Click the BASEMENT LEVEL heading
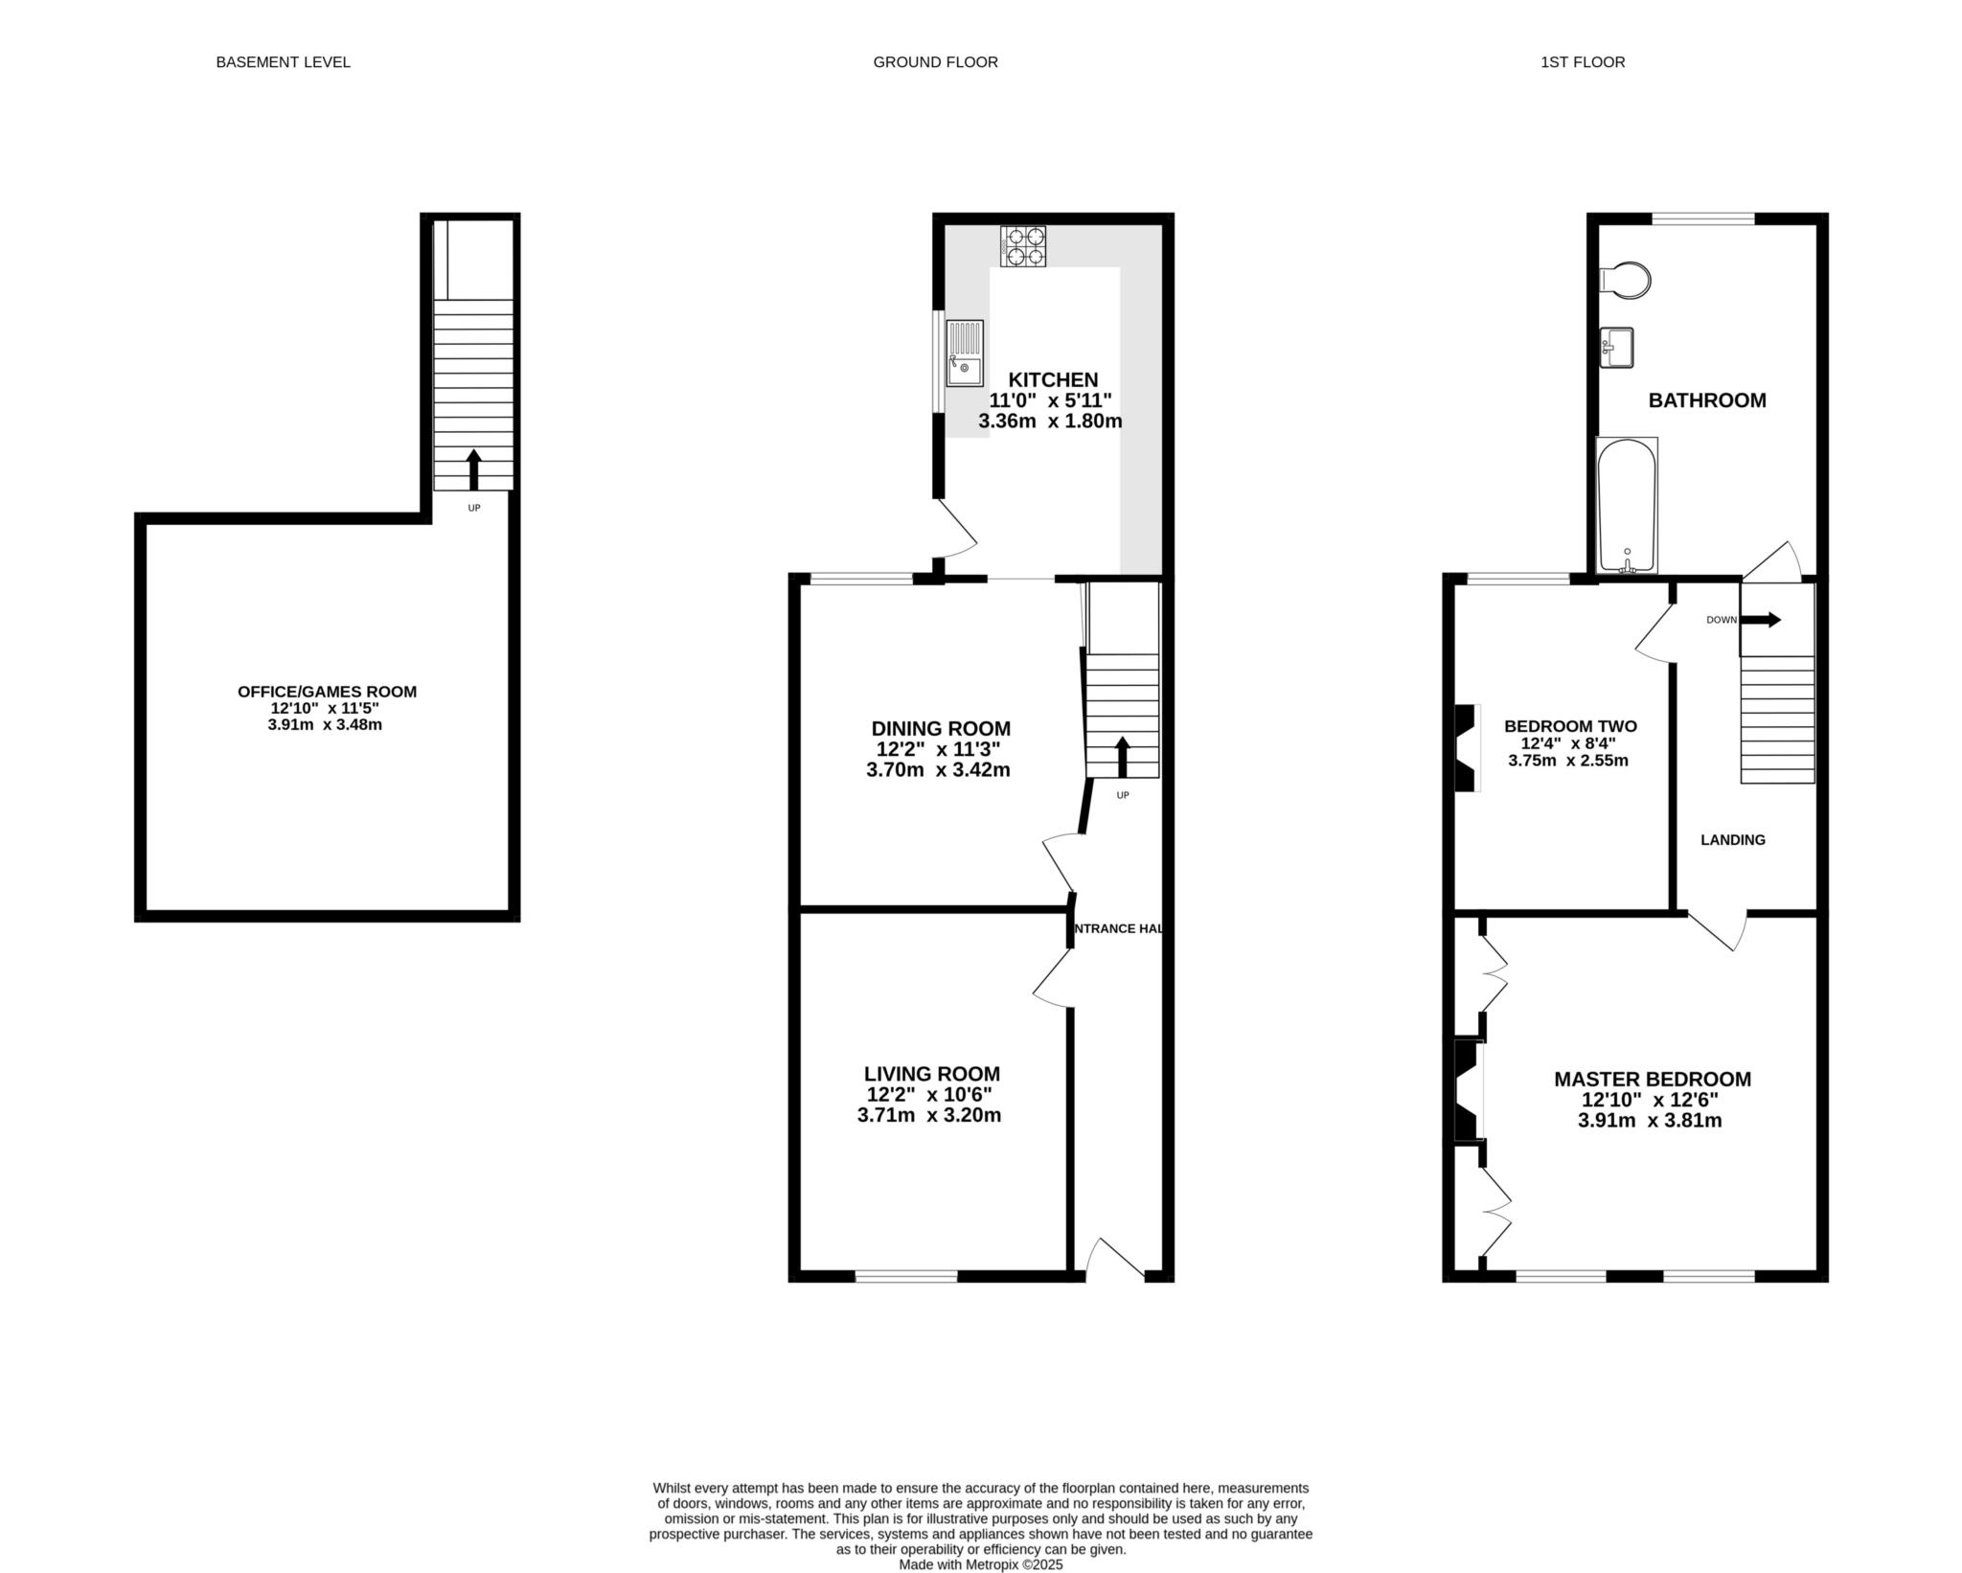(283, 62)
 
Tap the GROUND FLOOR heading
(935, 62)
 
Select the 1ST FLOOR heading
(1583, 62)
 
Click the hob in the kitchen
(1023, 246)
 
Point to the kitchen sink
(965, 353)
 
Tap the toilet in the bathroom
(1626, 281)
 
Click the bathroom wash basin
(1616, 347)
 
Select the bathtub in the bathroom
(1627, 505)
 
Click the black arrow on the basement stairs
(473, 469)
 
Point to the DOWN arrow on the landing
(1761, 620)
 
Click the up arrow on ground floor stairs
(1122, 757)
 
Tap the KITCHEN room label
(1053, 380)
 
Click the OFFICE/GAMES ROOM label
(327, 692)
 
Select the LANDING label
(1733, 840)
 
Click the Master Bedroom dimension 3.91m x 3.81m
(1650, 1120)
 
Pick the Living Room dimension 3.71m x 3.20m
(929, 1115)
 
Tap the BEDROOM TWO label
(1570, 726)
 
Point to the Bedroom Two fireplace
(1467, 748)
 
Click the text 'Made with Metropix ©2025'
(981, 1564)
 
